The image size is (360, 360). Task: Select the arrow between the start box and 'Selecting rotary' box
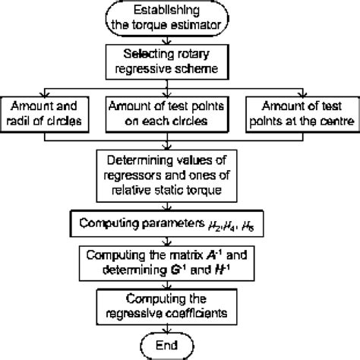(180, 43)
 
